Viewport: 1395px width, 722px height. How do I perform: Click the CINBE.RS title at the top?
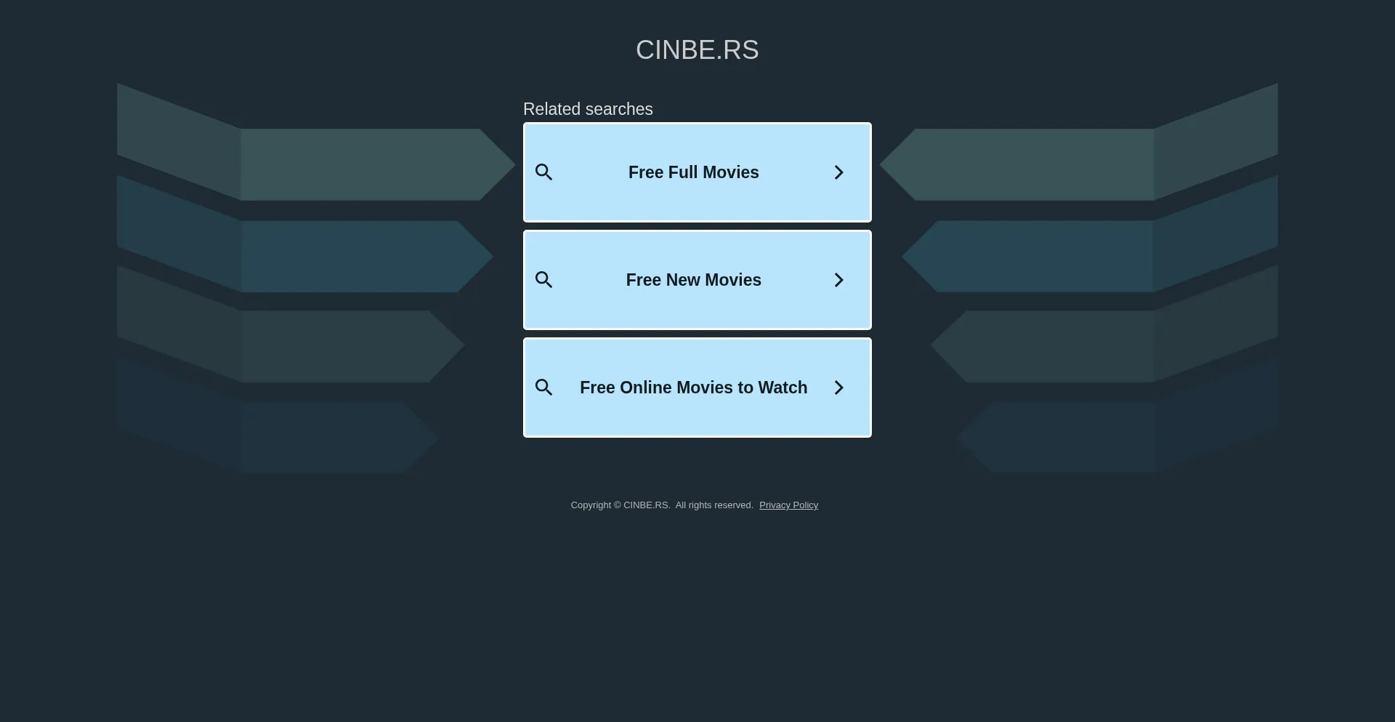tap(697, 50)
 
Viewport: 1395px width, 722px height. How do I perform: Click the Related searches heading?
tap(588, 109)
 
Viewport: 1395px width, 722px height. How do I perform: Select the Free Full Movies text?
tap(694, 172)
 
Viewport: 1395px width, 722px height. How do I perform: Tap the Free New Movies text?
tap(694, 280)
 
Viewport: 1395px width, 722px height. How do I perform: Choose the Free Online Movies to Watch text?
tap(694, 388)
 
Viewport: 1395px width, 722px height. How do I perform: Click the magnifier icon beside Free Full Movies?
tap(544, 172)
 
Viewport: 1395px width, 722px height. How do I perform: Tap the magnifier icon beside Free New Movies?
tap(544, 280)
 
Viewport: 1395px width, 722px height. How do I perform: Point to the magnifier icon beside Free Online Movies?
tap(544, 388)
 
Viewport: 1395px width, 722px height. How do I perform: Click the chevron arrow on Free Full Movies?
tap(839, 172)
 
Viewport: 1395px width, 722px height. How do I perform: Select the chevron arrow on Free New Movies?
tap(839, 280)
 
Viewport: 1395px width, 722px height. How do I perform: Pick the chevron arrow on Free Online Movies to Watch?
tap(839, 388)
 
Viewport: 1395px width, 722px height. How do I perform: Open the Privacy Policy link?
tap(788, 505)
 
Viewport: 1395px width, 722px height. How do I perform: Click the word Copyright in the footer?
tap(591, 505)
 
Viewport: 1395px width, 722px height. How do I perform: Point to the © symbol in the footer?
tap(618, 505)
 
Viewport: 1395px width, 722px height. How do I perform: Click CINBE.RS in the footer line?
tap(647, 505)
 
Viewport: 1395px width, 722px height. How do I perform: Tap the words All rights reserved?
tap(714, 505)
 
